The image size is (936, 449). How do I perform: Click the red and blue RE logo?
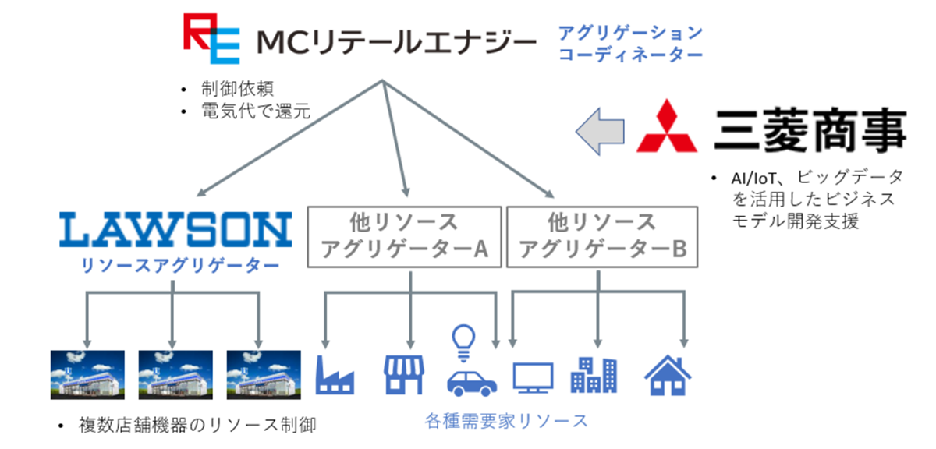(211, 38)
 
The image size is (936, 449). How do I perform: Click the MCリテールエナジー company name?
(396, 42)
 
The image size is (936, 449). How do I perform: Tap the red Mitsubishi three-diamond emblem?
(666, 126)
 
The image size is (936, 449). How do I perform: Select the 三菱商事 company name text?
(810, 129)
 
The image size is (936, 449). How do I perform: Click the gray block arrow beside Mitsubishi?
(600, 132)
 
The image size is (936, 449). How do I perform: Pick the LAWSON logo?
(175, 229)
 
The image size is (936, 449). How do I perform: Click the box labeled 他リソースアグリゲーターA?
(404, 237)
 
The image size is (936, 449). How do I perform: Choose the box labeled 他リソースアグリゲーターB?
(602, 237)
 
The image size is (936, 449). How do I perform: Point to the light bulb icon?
(463, 343)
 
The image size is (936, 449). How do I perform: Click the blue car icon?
(472, 383)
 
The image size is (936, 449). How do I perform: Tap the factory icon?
(335, 375)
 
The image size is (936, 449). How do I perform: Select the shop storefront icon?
(404, 375)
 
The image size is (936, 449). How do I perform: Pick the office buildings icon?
(594, 375)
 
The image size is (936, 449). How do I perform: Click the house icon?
(668, 375)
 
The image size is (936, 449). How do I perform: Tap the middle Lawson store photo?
(175, 375)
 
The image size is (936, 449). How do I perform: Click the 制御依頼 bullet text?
(237, 89)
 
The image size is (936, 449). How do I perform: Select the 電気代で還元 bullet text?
(256, 111)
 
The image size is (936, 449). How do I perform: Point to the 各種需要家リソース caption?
(506, 421)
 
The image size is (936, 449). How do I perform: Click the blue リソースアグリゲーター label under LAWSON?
(180, 265)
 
